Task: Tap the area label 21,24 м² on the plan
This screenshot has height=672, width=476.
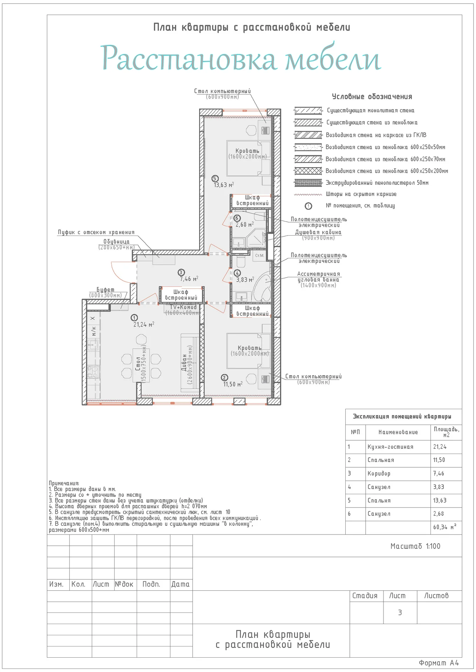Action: (x=144, y=324)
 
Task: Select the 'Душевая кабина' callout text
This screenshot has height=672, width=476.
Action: (x=318, y=232)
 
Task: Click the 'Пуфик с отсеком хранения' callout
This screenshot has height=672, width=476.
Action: (x=96, y=232)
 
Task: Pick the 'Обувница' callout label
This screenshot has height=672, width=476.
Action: (x=116, y=241)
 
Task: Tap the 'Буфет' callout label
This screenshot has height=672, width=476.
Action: (x=106, y=289)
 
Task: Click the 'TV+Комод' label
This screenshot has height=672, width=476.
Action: (x=183, y=307)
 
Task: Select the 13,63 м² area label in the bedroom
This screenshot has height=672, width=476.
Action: (x=224, y=185)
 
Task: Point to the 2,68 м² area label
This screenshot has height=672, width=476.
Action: (x=245, y=224)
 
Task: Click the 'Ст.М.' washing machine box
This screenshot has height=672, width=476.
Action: (x=260, y=255)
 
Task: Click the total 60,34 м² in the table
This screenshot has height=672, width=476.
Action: (x=445, y=527)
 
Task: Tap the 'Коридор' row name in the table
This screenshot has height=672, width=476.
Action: (x=379, y=474)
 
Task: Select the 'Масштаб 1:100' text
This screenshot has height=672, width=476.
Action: (x=415, y=546)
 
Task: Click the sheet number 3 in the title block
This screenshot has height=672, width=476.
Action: (x=400, y=612)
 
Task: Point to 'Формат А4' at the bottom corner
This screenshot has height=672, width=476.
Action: (x=439, y=663)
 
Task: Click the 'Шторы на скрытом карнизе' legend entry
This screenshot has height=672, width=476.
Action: (x=361, y=194)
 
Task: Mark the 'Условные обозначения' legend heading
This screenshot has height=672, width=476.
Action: (x=372, y=97)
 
